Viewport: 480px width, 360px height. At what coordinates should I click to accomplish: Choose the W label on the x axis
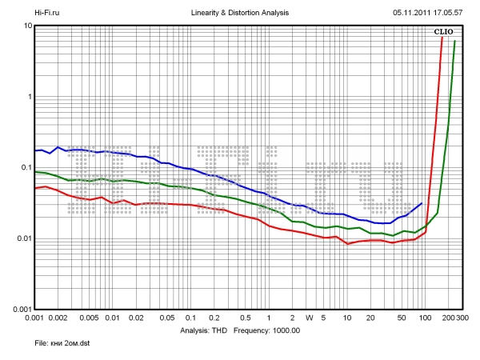coord(310,318)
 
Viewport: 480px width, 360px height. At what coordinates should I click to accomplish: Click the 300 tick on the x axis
coord(462,318)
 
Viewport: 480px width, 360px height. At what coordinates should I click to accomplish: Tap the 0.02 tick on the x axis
coord(136,318)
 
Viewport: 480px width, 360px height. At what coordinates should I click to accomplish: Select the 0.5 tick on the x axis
coord(245,318)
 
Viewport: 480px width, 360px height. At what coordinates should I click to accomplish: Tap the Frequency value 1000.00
coord(283,330)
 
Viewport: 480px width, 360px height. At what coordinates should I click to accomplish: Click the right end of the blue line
coord(422,203)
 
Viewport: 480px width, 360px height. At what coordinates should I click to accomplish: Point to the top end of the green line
coord(455,41)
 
